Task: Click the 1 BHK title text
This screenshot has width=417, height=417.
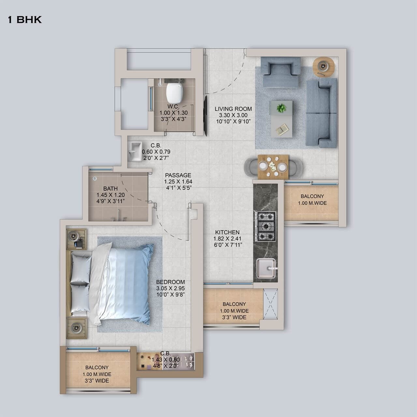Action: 25,20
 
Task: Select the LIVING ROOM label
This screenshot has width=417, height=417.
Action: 233,109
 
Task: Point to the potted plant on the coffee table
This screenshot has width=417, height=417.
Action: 281,108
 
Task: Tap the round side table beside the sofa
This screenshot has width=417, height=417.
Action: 323,67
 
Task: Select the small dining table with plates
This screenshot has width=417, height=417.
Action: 273,166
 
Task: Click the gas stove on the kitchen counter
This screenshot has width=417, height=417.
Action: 266,226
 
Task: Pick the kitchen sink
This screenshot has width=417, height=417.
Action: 266,269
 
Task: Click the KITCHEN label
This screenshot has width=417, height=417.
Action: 227,232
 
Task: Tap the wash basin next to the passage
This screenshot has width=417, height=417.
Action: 134,151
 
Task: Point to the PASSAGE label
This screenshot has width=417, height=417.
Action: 178,175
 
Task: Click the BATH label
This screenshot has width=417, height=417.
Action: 110,189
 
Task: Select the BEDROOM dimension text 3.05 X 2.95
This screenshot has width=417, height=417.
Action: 170,288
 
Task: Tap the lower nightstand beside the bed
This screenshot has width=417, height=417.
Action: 77,328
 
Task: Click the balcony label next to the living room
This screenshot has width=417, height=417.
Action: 312,196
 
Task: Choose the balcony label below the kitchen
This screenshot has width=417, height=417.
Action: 234,304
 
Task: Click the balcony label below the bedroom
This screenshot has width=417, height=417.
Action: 97,367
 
